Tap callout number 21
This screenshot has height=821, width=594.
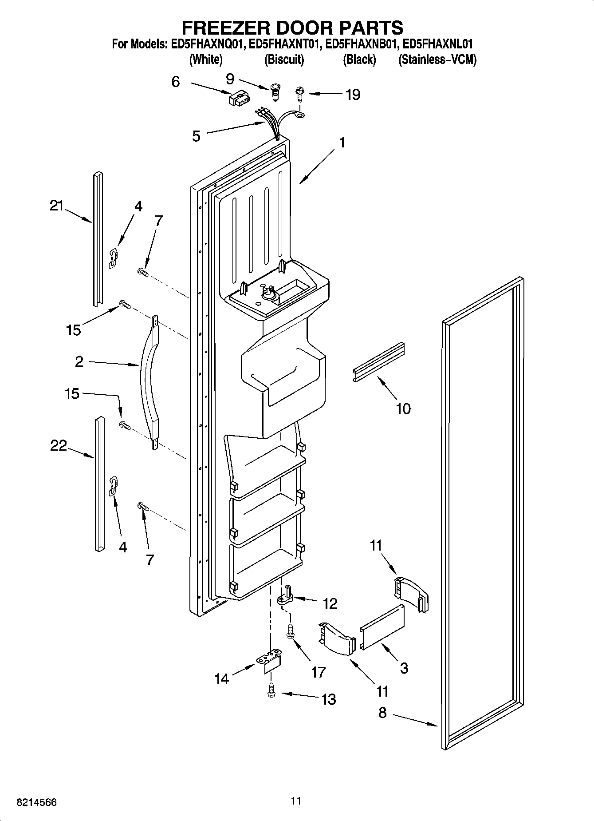click(57, 206)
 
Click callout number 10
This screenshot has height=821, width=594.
click(403, 408)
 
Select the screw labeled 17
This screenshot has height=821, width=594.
click(291, 632)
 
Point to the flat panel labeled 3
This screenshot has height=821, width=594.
click(382, 627)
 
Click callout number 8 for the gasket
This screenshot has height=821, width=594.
click(382, 713)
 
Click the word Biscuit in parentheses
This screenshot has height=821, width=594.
click(284, 59)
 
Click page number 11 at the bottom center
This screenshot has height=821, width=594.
click(296, 801)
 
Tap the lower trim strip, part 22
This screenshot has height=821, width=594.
click(99, 484)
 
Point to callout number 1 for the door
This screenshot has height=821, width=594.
click(342, 143)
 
